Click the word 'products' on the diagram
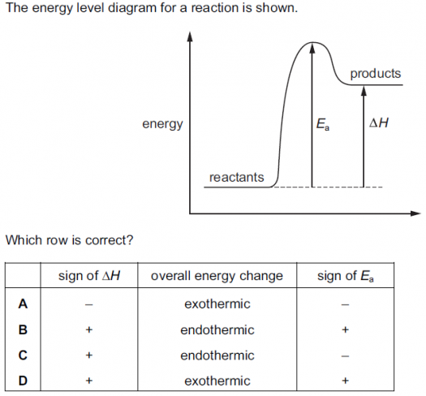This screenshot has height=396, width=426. coord(376,74)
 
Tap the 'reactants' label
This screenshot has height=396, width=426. coord(237,178)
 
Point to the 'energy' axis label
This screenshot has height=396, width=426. coord(162,124)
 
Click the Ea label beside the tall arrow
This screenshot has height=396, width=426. coord(323,124)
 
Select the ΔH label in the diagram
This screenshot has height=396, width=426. coord(379,123)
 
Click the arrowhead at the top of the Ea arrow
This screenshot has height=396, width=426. coord(312,48)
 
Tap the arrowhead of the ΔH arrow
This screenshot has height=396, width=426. coord(364,91)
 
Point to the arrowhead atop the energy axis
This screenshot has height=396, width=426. coord(190,37)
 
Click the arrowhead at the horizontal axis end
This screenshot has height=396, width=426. coord(415,213)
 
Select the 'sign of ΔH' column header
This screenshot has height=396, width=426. coord(89,276)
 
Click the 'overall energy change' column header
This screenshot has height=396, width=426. coord(217,276)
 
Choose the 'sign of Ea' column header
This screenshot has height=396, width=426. coord(346,276)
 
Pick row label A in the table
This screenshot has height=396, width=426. coord(23,303)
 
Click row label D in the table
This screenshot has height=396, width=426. coord(23,381)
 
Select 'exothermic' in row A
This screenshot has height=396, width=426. coord(217,303)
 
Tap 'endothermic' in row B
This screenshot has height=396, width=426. coord(217,330)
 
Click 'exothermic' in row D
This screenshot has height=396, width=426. coord(217,381)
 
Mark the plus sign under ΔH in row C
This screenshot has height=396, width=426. coord(88,355)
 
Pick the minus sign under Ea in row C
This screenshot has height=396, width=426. coord(345,355)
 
